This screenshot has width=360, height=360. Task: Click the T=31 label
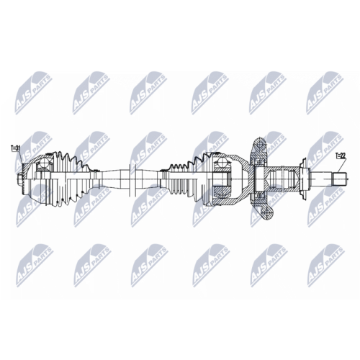[15, 148]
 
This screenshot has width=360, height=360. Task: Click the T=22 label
[340, 156]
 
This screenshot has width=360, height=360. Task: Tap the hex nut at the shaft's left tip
[19, 179]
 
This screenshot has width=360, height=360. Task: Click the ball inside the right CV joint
[220, 163]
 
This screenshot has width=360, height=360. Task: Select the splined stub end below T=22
[340, 179]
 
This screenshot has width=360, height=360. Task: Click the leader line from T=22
[341, 166]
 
